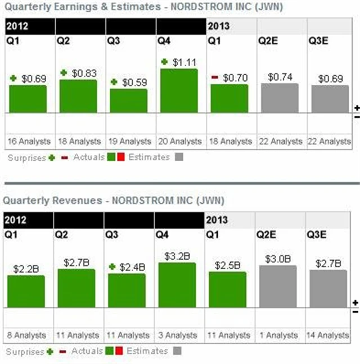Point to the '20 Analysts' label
pos(180,141)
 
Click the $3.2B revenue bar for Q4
pos(177,285)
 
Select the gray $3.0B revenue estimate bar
pos(278,286)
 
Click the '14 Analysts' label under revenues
pos(329,335)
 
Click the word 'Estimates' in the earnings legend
pos(149,157)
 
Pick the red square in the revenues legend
pos(119,352)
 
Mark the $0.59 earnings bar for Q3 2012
pos(128,101)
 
